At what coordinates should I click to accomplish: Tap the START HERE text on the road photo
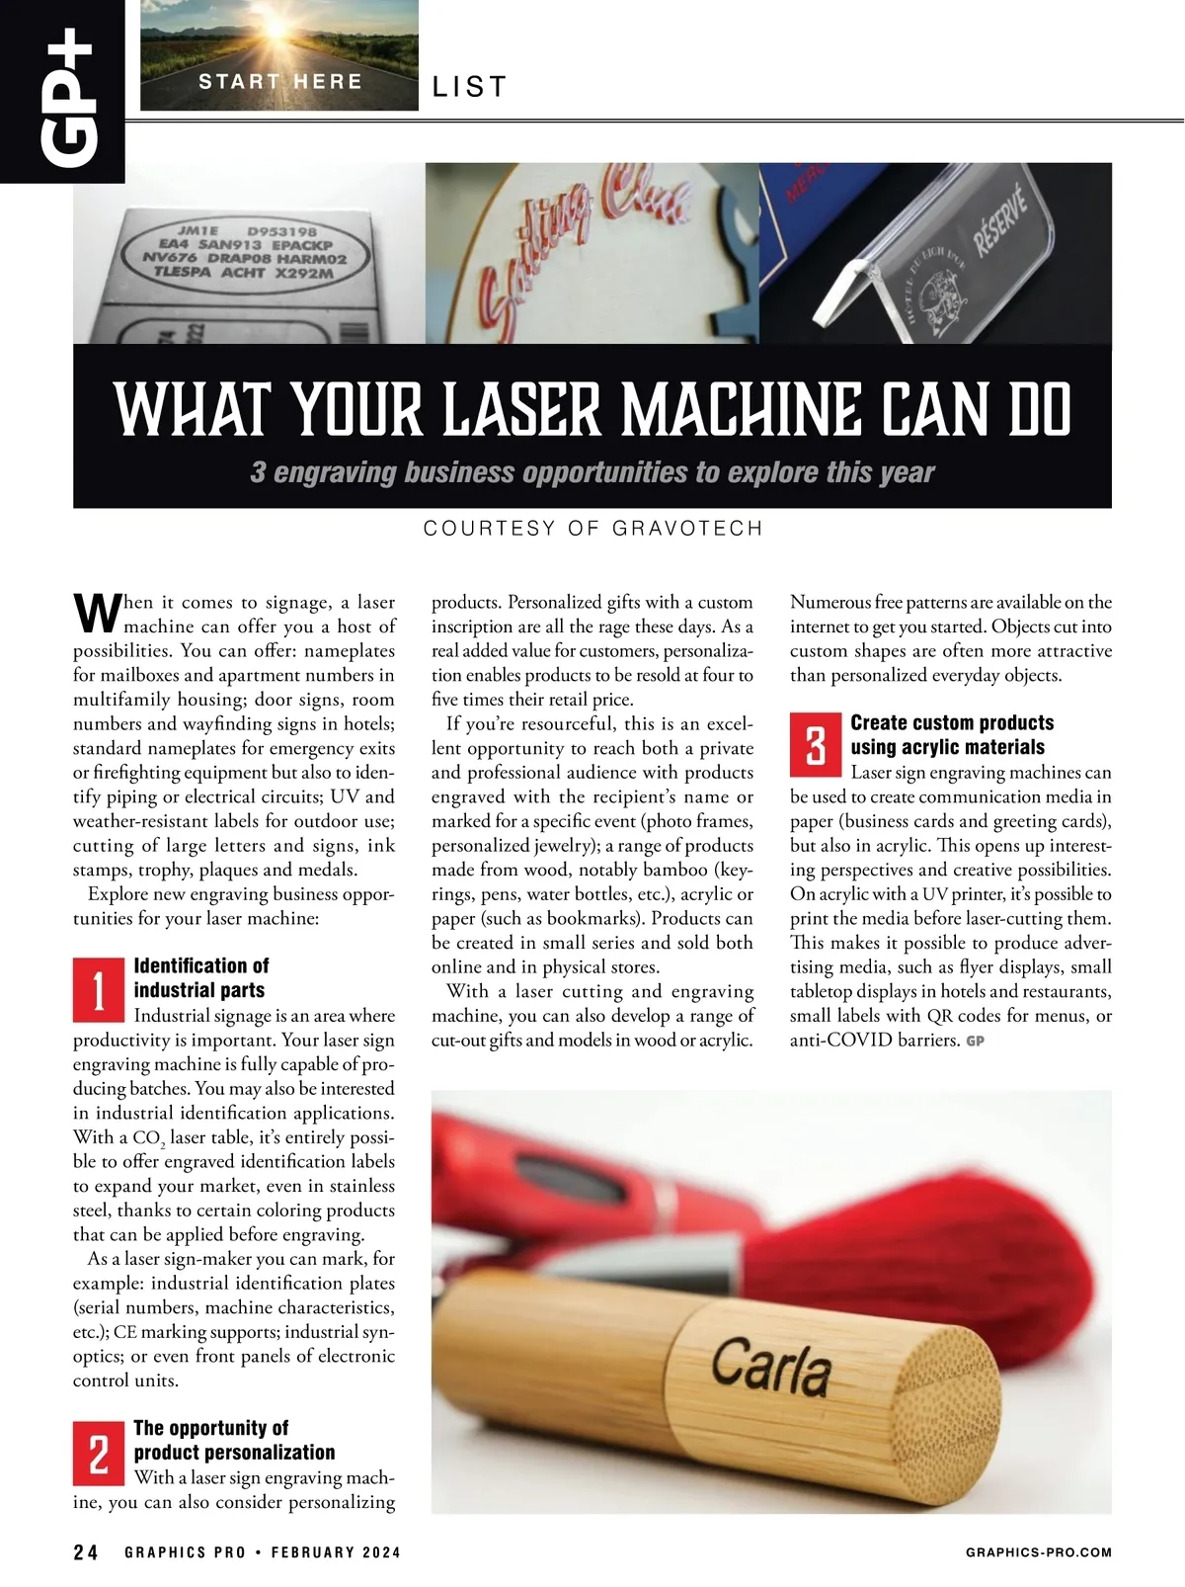280,81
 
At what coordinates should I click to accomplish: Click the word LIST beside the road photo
470,87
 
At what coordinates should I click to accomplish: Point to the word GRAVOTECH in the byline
687,529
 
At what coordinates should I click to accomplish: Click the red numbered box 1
99,990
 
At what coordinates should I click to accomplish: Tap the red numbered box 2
99,1453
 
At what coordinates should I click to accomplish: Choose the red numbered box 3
815,745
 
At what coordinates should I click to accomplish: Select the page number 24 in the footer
85,1552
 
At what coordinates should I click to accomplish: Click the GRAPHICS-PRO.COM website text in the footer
1038,1552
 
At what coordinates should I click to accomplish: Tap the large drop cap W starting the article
97,613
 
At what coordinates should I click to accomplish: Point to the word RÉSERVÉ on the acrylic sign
1000,220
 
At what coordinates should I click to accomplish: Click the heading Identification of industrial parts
200,977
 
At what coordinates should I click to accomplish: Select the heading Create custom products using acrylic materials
952,734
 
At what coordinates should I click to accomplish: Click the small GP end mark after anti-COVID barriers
976,1042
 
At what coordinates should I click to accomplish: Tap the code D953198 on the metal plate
281,231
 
